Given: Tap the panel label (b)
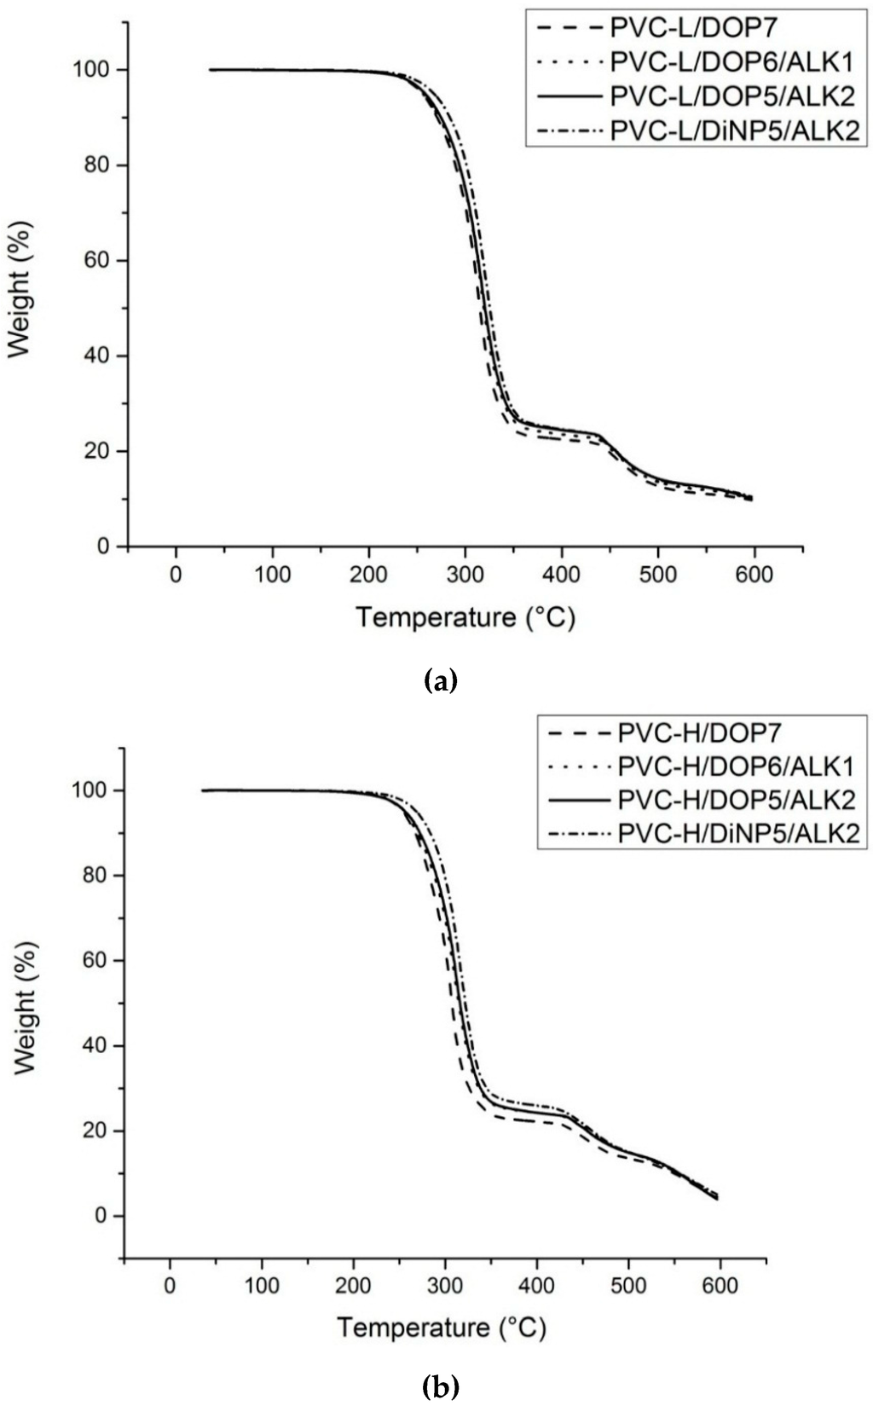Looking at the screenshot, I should (x=440, y=1387).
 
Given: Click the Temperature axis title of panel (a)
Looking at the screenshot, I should (x=465, y=616).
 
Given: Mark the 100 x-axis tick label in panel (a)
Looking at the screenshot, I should (x=273, y=574).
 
